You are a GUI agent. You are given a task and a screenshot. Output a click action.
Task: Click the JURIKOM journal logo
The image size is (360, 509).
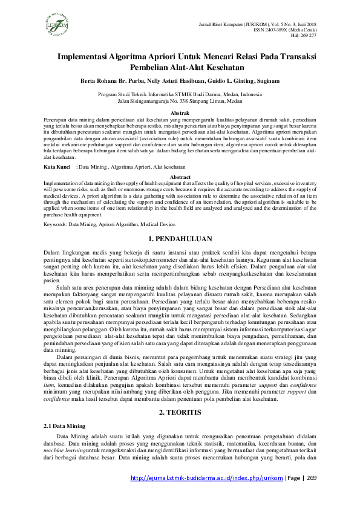[59, 25]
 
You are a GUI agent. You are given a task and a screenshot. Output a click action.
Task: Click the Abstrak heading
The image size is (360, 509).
[180, 113]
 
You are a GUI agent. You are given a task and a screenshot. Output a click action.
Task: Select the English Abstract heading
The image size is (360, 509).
[180, 177]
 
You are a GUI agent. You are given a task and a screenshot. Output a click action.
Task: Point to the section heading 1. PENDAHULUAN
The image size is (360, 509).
[180, 239]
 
